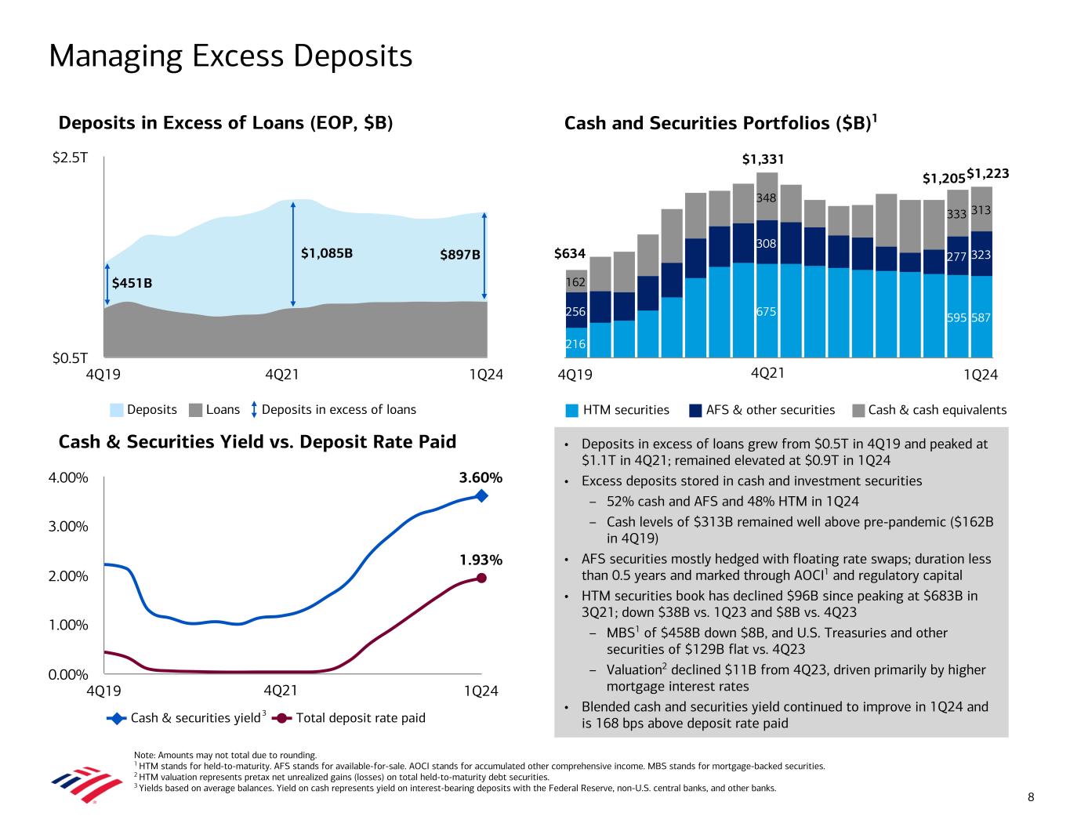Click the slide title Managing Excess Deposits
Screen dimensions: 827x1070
pyautogui.click(x=230, y=56)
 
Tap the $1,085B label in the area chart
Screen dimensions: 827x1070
pyautogui.click(x=327, y=253)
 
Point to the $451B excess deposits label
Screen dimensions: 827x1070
pyautogui.click(x=132, y=283)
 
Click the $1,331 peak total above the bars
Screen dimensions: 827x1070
pyautogui.click(x=763, y=160)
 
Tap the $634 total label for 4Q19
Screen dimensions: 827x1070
pyautogui.click(x=570, y=253)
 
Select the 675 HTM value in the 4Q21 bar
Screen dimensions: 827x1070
pyautogui.click(x=766, y=312)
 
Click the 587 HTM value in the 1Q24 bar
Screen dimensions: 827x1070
pyautogui.click(x=981, y=318)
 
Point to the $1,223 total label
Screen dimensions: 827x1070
pyautogui.click(x=988, y=172)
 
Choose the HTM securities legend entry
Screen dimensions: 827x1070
pyautogui.click(x=617, y=409)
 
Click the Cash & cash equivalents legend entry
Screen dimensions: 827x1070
pyautogui.click(x=929, y=409)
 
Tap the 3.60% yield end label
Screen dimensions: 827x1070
pyautogui.click(x=481, y=477)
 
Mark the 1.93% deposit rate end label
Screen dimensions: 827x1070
pyautogui.click(x=481, y=560)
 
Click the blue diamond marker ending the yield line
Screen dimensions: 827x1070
pyautogui.click(x=481, y=495)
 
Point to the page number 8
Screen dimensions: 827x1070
pyautogui.click(x=1031, y=797)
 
